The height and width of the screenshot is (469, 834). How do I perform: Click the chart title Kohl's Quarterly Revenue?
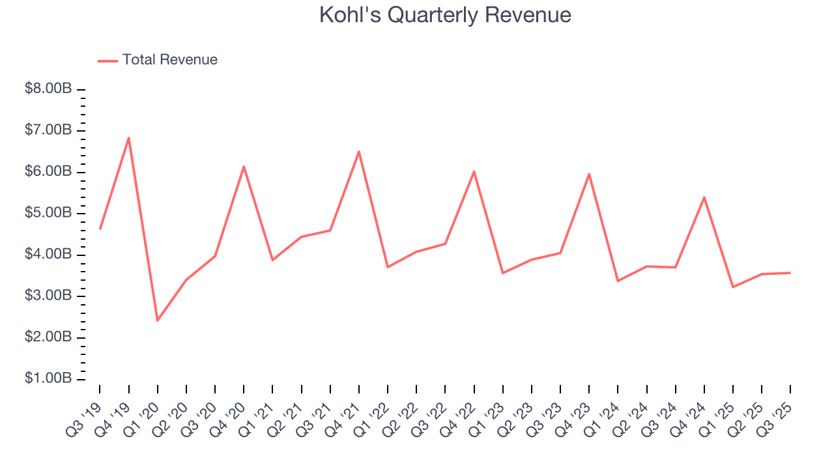[x=445, y=15]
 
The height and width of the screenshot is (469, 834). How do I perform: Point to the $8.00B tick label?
[x=48, y=89]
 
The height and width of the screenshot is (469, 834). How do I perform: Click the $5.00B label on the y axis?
[x=48, y=214]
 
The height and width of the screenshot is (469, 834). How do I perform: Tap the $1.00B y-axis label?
[x=48, y=379]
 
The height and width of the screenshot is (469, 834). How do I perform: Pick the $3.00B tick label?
[x=48, y=296]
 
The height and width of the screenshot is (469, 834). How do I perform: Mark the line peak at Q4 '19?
[x=129, y=138]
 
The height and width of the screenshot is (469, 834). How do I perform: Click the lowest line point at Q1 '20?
[x=158, y=320]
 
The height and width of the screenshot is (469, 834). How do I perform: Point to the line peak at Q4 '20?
[x=244, y=167]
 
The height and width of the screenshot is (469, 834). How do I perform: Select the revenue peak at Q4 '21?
[x=359, y=152]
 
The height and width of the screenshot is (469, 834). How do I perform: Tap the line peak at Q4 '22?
[x=474, y=171]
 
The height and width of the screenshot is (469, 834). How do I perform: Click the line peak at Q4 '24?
[x=704, y=197]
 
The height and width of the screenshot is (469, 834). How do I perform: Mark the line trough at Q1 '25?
[x=733, y=287]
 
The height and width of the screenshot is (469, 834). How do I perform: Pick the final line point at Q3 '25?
[x=790, y=273]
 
